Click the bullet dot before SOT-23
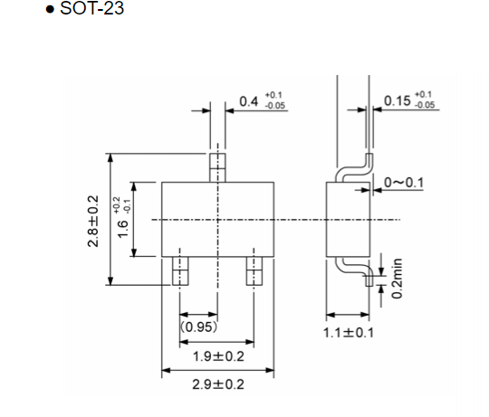pyautogui.click(x=62, y=10)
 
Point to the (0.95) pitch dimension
pyautogui.click(x=197, y=327)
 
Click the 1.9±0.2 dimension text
pyautogui.click(x=216, y=355)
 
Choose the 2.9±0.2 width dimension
pyautogui.click(x=216, y=384)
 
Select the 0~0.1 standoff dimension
pyautogui.click(x=404, y=183)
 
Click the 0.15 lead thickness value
pyautogui.click(x=396, y=100)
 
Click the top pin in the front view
pyautogui.click(x=217, y=167)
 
